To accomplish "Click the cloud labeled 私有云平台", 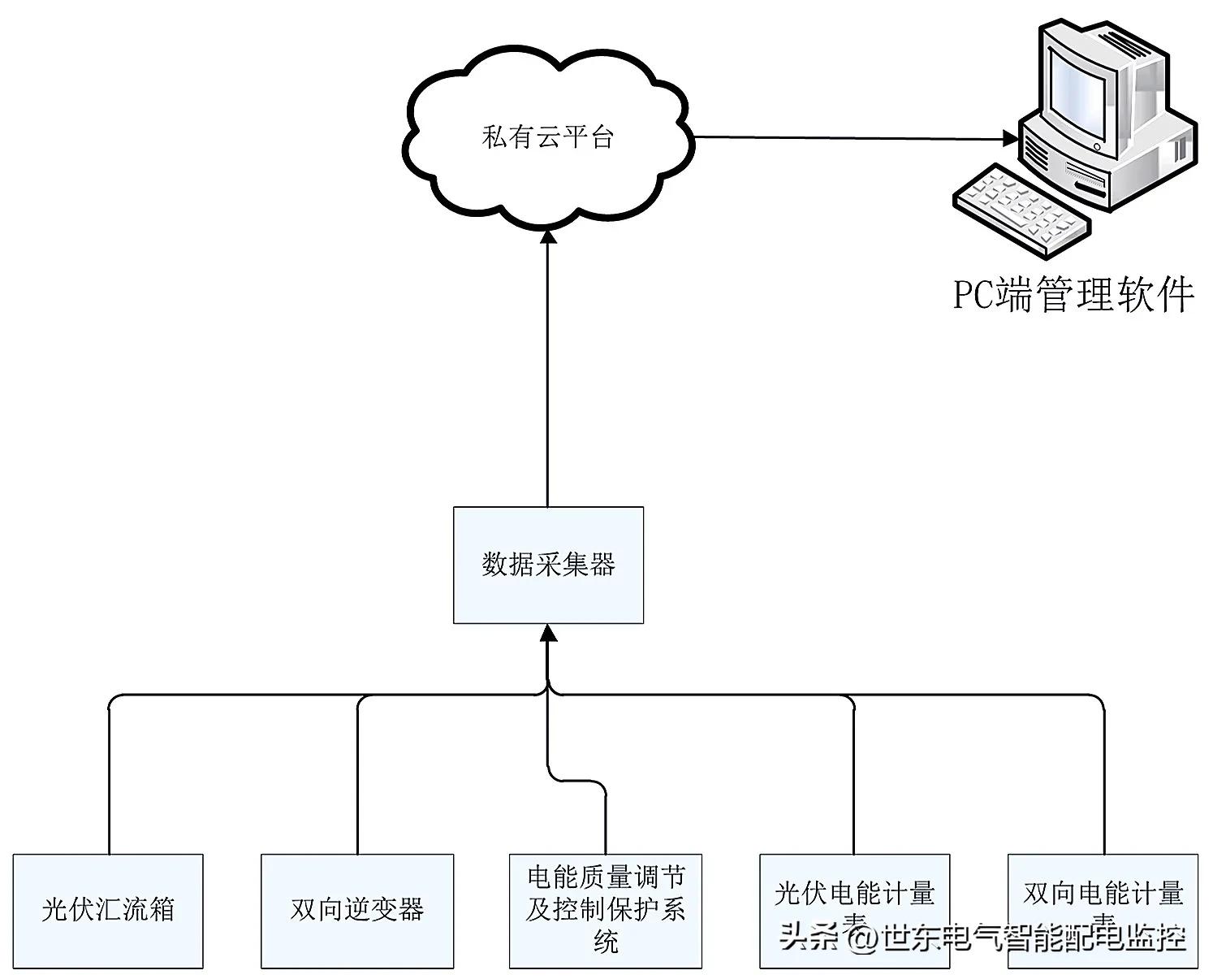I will click(x=547, y=138).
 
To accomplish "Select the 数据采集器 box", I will click(x=548, y=565).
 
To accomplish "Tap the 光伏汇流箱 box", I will click(x=108, y=910).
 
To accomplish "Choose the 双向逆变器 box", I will click(x=357, y=910).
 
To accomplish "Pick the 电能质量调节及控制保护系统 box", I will click(x=605, y=910).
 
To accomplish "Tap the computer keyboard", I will click(x=1019, y=206).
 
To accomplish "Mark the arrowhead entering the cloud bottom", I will click(x=548, y=236).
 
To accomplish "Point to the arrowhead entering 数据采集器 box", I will click(x=548, y=632).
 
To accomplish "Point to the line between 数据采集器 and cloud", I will click(x=548, y=374).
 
